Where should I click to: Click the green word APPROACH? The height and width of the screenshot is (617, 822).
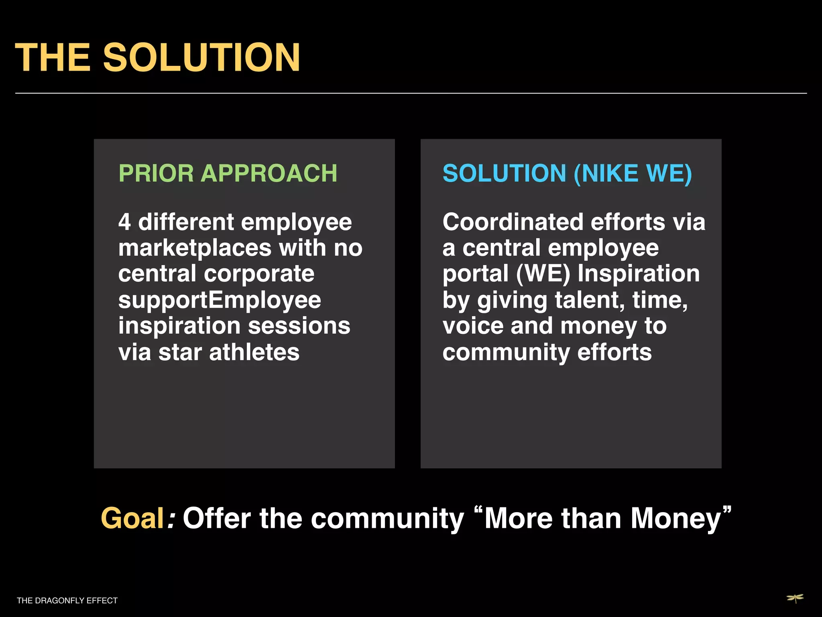point(269,174)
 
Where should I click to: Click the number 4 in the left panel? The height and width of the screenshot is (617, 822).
point(124,222)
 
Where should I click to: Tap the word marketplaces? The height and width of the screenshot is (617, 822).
point(195,248)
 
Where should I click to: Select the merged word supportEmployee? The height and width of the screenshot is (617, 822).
point(220,300)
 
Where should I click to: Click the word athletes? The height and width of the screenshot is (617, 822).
point(254,352)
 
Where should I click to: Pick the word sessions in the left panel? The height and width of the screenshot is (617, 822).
point(299,326)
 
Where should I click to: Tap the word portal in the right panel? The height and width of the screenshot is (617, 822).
point(476,274)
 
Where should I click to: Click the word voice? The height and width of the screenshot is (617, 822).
point(473,326)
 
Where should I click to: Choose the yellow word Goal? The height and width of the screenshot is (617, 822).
point(132,518)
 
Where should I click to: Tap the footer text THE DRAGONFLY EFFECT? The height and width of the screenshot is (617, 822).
point(67,601)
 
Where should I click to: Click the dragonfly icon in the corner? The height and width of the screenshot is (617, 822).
point(795,599)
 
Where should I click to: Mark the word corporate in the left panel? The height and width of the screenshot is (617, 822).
point(259,274)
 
